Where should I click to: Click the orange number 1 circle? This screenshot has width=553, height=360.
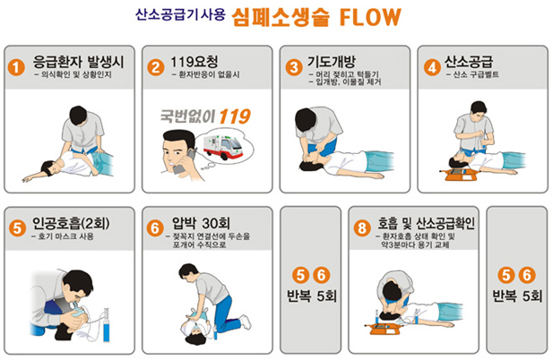pyautogui.click(x=16, y=67)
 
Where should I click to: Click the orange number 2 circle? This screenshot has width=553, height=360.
pyautogui.click(x=156, y=67)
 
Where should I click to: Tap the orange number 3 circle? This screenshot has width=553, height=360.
pyautogui.click(x=294, y=67)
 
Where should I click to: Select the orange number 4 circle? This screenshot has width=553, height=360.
pyautogui.click(x=432, y=67)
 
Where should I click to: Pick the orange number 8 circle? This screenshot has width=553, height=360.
pyautogui.click(x=362, y=227)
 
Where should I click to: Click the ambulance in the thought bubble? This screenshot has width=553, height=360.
pyautogui.click(x=223, y=147)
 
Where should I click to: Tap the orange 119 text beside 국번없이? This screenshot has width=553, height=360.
pyautogui.click(x=235, y=116)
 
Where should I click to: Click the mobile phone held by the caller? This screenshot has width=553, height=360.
pyautogui.click(x=185, y=162)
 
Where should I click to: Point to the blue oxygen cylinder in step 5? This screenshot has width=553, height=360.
pyautogui.click(x=106, y=325)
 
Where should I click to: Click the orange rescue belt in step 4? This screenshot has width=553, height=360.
pyautogui.click(x=459, y=175)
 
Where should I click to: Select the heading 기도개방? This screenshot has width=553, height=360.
pyautogui.click(x=331, y=62)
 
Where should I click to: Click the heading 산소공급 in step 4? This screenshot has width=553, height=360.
pyautogui.click(x=469, y=62)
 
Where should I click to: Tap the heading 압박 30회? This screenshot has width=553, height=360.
pyautogui.click(x=201, y=223)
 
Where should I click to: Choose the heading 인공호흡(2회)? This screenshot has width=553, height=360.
pyautogui.click(x=71, y=223)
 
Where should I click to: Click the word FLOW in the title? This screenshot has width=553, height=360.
pyautogui.click(x=370, y=17)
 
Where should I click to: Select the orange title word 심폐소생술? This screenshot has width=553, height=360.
pyautogui.click(x=281, y=17)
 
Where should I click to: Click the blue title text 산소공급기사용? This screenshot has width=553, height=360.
pyautogui.click(x=180, y=15)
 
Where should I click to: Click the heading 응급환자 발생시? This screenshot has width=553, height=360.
pyautogui.click(x=78, y=62)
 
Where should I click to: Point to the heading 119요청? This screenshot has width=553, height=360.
pyautogui.click(x=194, y=62)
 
